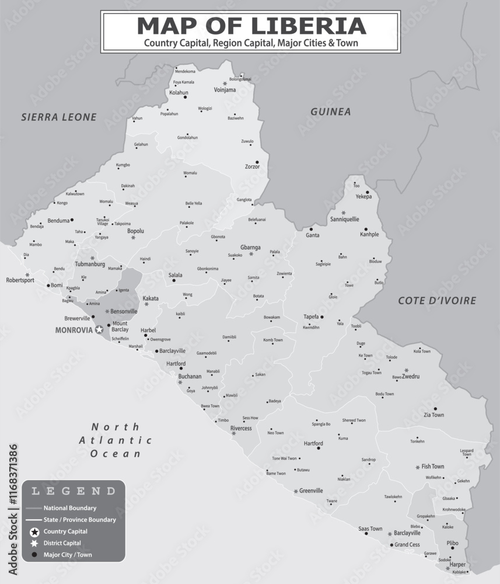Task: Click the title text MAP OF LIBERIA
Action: [251, 26]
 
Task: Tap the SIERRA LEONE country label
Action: [59, 117]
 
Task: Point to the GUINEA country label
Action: [330, 112]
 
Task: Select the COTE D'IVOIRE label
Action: [437, 301]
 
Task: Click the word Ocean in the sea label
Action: [116, 453]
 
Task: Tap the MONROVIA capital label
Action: [74, 330]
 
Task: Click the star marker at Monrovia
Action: [99, 330]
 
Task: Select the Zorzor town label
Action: [252, 167]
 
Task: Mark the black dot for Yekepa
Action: [367, 192]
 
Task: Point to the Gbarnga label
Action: [250, 247]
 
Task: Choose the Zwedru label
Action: [411, 377]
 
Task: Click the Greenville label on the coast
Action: [311, 491]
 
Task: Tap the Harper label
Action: [457, 565]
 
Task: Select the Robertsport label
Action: [20, 280]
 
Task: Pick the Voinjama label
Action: [225, 90]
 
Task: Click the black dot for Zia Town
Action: [435, 409]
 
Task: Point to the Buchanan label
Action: [190, 377]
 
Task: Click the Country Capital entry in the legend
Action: [65, 531]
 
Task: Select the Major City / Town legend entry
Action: [68, 555]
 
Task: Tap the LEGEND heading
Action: [74, 491]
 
